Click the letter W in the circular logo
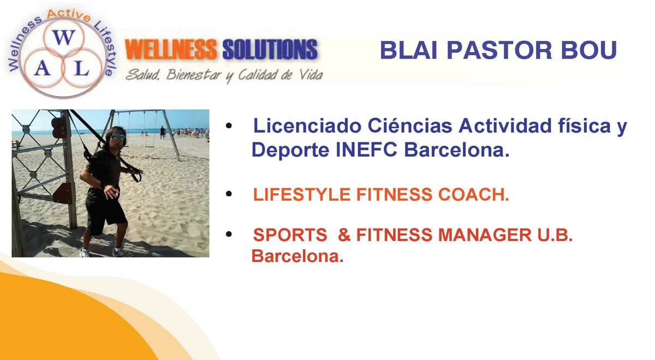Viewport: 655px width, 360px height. (64, 38)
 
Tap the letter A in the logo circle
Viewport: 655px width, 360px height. (43, 69)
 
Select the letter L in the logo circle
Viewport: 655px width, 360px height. (81, 69)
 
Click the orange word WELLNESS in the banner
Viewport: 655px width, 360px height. (171, 49)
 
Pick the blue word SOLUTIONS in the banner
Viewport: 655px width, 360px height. (270, 49)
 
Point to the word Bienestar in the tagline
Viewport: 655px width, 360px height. (194, 75)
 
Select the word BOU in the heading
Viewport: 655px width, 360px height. (589, 50)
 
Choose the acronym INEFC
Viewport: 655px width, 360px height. (367, 150)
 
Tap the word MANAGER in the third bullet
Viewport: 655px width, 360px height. (485, 235)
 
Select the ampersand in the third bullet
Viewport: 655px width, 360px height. (344, 235)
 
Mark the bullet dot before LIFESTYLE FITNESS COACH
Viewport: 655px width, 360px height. (229, 194)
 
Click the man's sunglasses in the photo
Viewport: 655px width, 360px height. (117, 136)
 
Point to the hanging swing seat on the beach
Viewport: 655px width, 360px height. (150, 145)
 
